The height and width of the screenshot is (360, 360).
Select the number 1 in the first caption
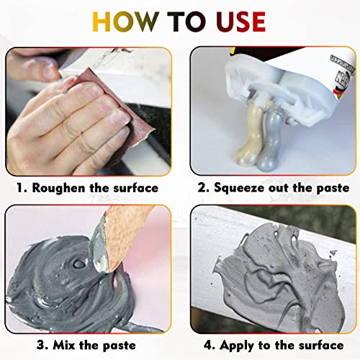(x=22, y=189)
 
